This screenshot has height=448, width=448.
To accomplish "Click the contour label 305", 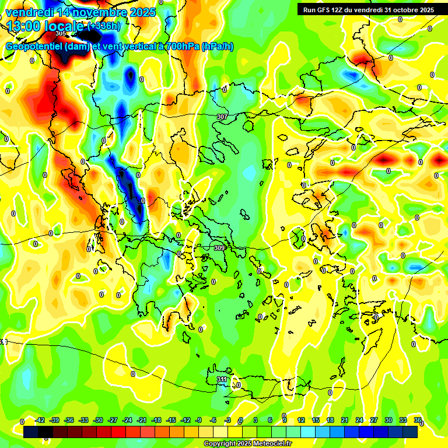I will (x=61, y=34).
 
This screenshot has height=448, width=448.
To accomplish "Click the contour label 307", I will (x=222, y=117).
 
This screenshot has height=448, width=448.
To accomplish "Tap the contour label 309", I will (x=219, y=248).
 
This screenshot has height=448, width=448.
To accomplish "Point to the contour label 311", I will (x=222, y=380).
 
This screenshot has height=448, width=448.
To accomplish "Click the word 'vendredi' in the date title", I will (x=29, y=12).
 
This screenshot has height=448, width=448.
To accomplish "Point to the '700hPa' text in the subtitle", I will (x=179, y=47).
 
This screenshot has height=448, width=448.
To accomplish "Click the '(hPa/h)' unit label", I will (x=218, y=47).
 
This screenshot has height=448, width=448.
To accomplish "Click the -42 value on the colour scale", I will (x=40, y=420).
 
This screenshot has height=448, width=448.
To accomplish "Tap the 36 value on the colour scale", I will (x=417, y=420).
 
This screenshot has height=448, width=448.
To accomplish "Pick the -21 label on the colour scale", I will (x=142, y=420).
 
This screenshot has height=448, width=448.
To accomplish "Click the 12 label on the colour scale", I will (x=300, y=420).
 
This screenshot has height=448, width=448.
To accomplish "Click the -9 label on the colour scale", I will (x=199, y=420).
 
